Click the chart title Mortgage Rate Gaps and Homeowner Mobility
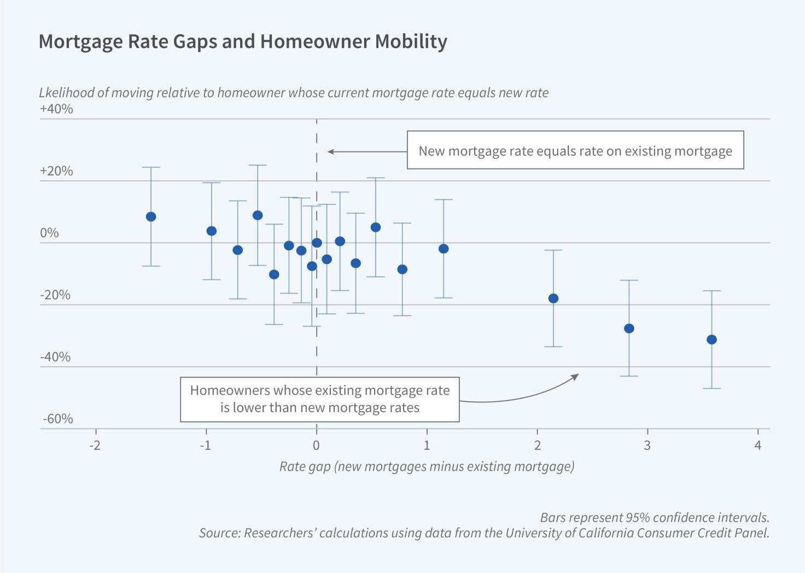[x=243, y=42]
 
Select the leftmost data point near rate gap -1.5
[x=151, y=217]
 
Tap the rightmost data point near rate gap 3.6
[x=711, y=340]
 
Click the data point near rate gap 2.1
[x=553, y=299]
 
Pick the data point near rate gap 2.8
[x=629, y=329]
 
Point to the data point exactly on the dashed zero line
[x=317, y=243]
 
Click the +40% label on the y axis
[x=56, y=109]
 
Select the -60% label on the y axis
[x=57, y=419]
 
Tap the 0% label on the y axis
[x=49, y=233]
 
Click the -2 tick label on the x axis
[x=95, y=445]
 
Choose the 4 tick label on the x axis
[x=757, y=445]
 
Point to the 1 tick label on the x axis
[x=427, y=445]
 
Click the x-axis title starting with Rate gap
[x=427, y=466]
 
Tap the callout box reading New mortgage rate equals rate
[x=575, y=150]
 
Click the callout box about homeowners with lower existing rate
[x=319, y=399]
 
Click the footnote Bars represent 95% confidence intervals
[x=654, y=517]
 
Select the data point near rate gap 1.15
[x=444, y=249]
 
